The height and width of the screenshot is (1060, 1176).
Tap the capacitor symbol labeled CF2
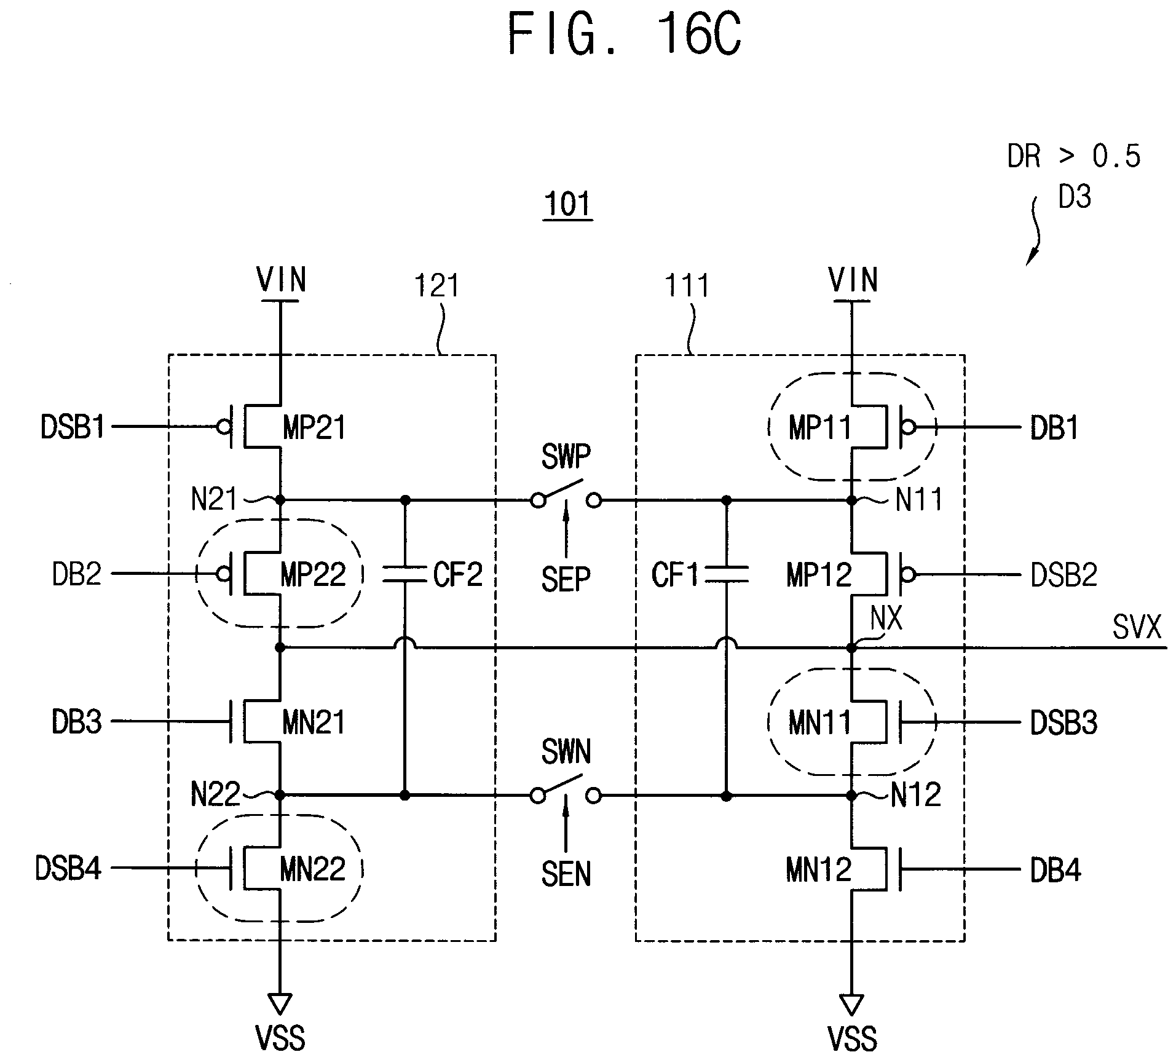(x=404, y=574)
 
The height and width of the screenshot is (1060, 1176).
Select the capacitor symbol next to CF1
(x=727, y=574)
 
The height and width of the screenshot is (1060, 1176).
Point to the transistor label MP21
(x=314, y=427)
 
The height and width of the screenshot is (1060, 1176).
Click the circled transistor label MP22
(x=313, y=575)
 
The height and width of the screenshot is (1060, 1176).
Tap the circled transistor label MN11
(x=819, y=722)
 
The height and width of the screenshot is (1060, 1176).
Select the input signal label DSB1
(x=73, y=427)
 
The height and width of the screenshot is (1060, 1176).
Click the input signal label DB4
(x=1056, y=870)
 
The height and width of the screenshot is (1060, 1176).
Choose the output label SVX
(x=1137, y=628)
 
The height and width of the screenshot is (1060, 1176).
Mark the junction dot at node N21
(x=280, y=500)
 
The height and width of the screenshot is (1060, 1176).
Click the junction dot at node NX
(x=852, y=648)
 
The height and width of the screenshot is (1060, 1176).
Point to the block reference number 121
(x=436, y=286)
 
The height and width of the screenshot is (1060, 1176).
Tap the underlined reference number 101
(x=568, y=205)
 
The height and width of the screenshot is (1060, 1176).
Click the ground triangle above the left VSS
(x=280, y=1003)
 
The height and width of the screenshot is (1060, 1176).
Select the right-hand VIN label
(x=853, y=280)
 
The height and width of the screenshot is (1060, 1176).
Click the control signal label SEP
(x=566, y=579)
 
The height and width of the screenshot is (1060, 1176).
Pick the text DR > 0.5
(x=1074, y=156)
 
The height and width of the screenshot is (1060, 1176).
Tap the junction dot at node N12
(x=852, y=796)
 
